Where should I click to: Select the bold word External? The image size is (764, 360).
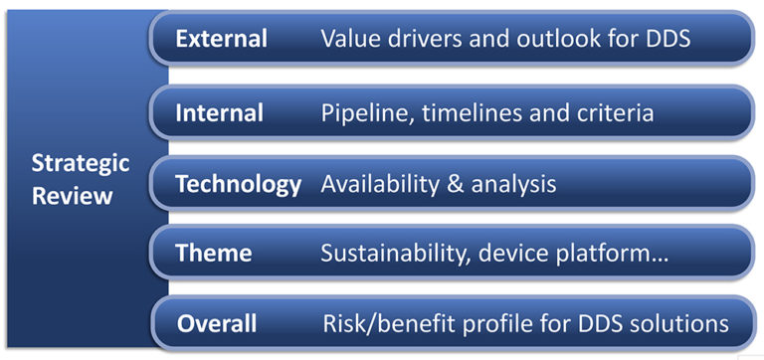222,40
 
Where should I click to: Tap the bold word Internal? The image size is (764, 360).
220,113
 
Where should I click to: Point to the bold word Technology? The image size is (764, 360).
238,184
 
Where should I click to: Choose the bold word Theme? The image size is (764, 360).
214,254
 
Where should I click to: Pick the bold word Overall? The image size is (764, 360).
217,323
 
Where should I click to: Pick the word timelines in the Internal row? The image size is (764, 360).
466,113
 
